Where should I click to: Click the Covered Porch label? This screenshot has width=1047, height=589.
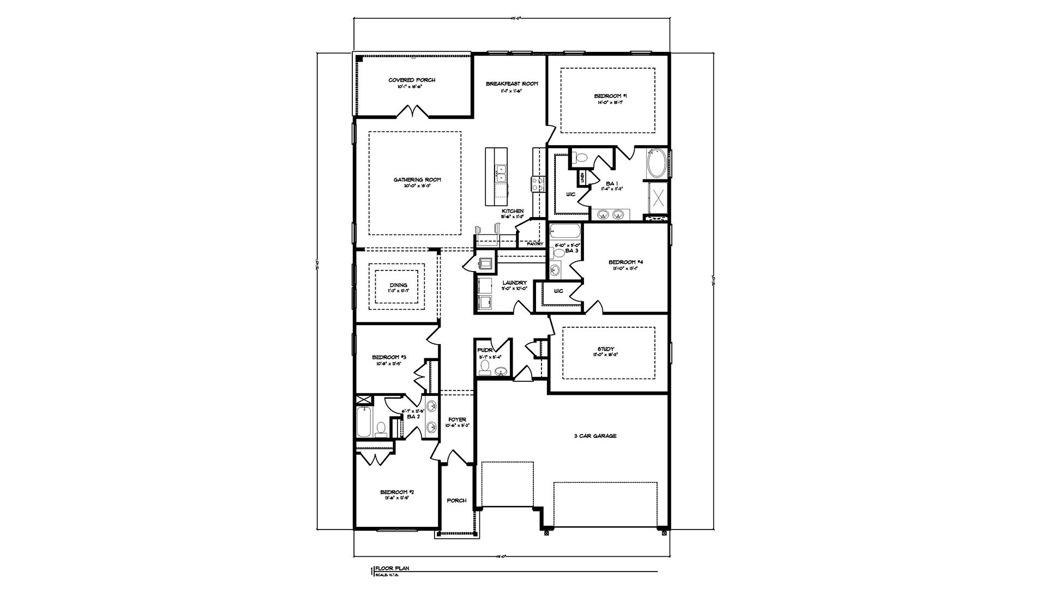412,80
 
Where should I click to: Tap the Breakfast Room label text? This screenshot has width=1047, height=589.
512,84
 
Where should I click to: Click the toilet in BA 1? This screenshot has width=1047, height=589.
581,158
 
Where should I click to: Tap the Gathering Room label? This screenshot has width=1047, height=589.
417,179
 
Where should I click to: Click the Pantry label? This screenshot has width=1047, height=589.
535,244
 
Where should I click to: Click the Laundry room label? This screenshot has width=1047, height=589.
514,283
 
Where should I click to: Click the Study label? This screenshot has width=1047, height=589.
606,349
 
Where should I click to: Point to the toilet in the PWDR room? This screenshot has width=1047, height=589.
484,371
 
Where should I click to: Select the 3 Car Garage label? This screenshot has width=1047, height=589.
595,436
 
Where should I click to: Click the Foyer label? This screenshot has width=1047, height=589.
457,419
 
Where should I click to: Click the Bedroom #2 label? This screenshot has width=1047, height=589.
394,492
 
